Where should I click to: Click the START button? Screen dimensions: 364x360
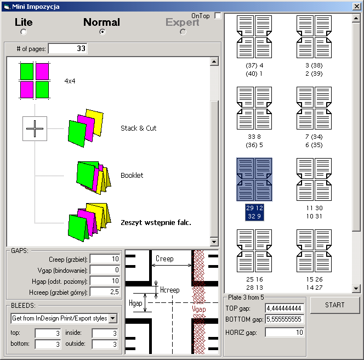[x=335, y=305]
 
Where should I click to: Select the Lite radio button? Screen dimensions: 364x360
[x=24, y=32]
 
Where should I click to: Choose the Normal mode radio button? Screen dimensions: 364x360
[x=102, y=32]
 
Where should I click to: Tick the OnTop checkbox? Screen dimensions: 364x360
[x=218, y=15]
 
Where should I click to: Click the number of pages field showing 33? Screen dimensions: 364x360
[x=68, y=49]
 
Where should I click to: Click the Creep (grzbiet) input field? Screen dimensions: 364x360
[x=105, y=259]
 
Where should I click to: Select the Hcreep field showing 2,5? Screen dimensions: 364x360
[x=105, y=291]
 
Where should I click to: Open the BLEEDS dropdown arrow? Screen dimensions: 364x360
[x=113, y=318]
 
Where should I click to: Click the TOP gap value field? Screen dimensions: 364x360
[x=285, y=308]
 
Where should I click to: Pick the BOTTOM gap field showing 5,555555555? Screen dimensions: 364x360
[x=285, y=319]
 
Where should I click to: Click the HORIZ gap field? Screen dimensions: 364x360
[x=285, y=333]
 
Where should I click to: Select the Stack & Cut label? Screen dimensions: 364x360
[x=138, y=128]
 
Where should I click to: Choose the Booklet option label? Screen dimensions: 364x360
[x=132, y=175]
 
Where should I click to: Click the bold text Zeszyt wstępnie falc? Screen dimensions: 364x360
[x=156, y=223]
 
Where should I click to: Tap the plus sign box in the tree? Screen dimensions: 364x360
[x=35, y=129]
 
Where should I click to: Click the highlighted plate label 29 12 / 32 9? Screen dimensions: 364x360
[x=254, y=212]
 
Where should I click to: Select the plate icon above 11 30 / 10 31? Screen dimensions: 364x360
[x=314, y=179]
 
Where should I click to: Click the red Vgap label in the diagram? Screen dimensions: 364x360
[x=199, y=309]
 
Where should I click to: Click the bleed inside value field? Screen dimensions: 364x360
[x=105, y=333]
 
